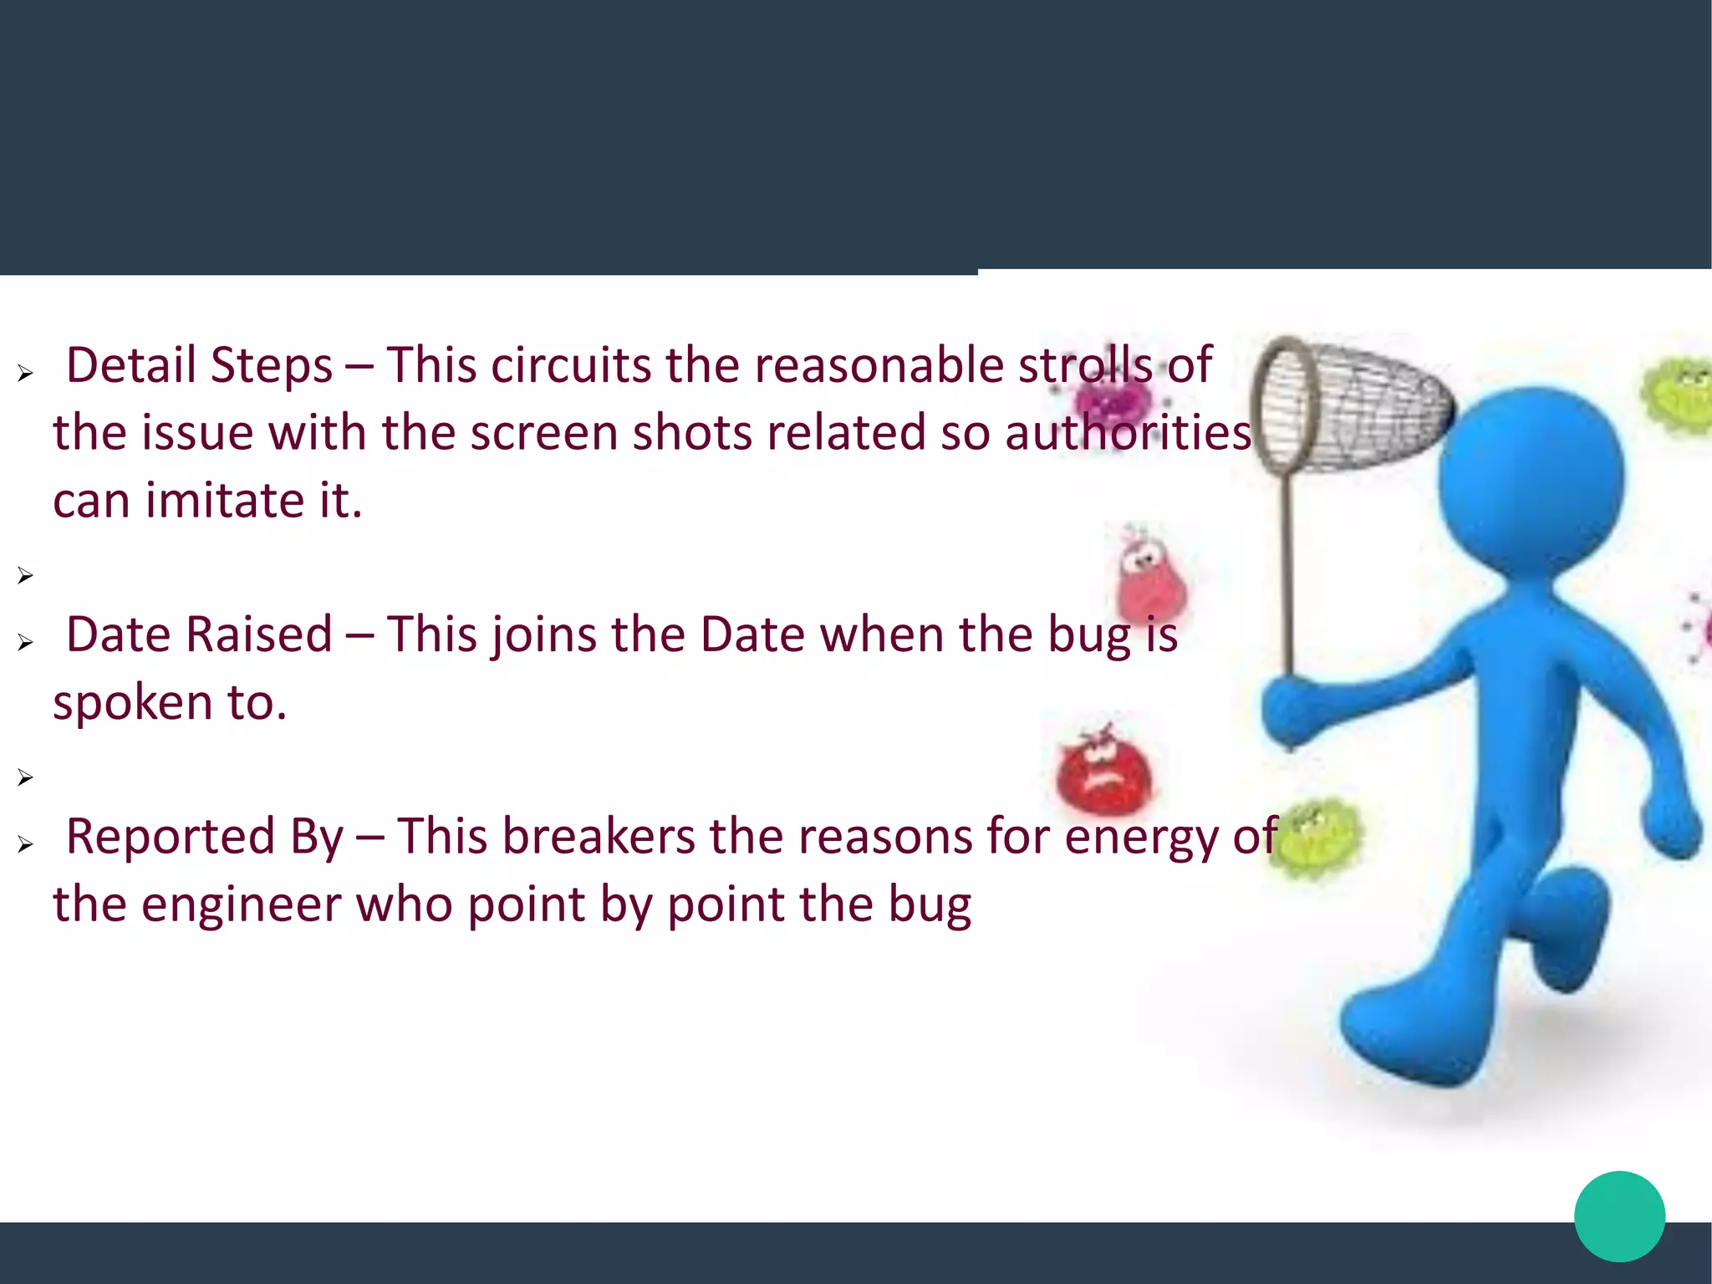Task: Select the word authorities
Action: pyautogui.click(x=1129, y=433)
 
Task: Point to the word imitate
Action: pyautogui.click(x=225, y=500)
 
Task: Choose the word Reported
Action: pyautogui.click(x=171, y=837)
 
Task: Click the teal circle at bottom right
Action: pyautogui.click(x=1619, y=1216)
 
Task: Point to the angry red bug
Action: pyautogui.click(x=1103, y=773)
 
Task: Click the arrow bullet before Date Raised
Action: pyautogui.click(x=25, y=642)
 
